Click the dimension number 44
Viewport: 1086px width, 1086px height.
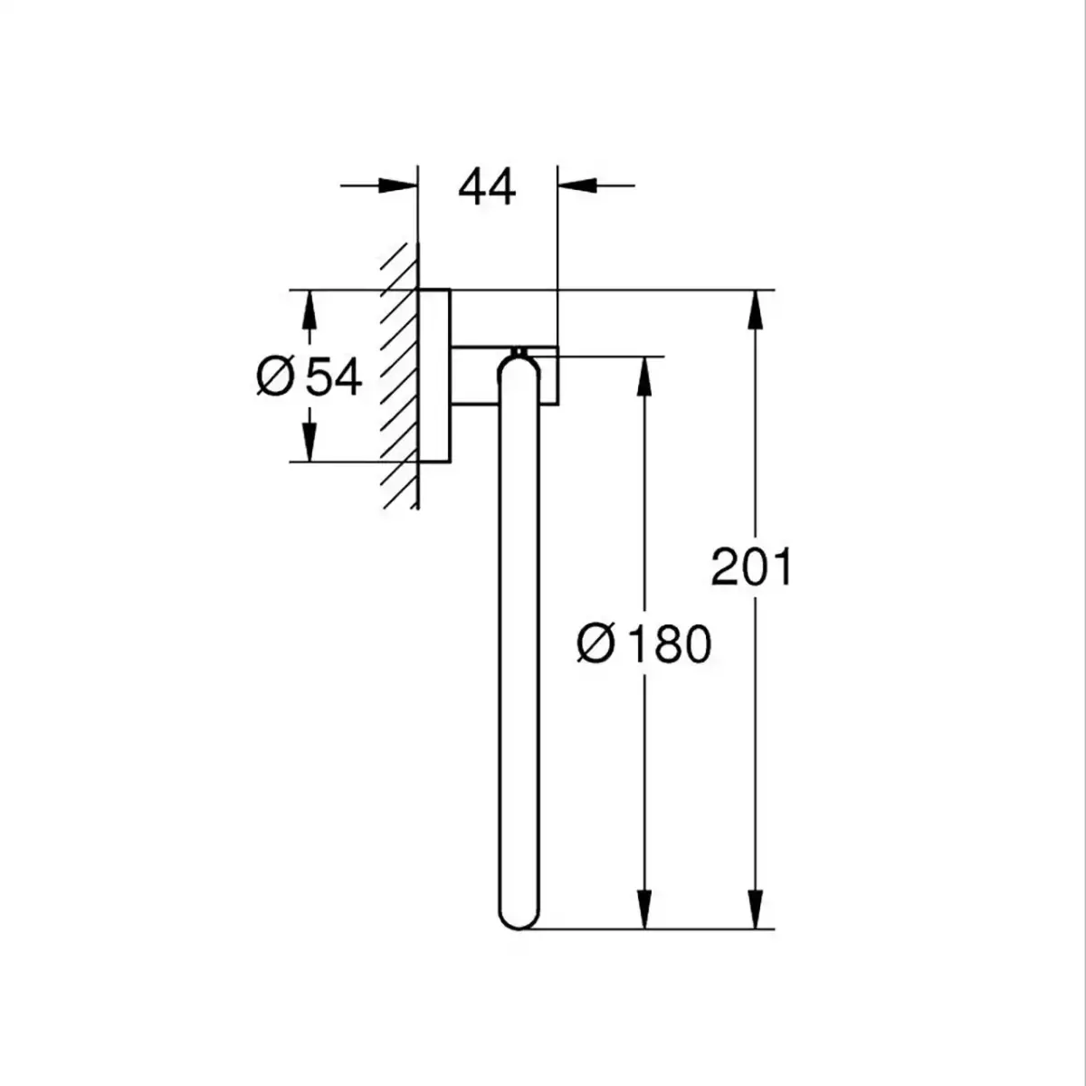pyautogui.click(x=487, y=187)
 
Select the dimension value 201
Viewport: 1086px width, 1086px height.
pyautogui.click(x=751, y=567)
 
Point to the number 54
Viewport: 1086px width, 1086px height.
pyautogui.click(x=332, y=377)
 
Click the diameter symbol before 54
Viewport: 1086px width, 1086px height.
pyautogui.click(x=275, y=377)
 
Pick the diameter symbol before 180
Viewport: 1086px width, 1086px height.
pyautogui.click(x=595, y=643)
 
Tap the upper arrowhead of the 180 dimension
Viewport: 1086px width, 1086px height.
pyautogui.click(x=644, y=376)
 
